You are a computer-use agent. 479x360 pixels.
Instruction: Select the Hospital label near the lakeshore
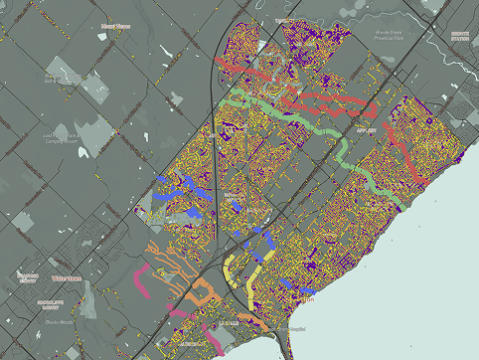(x=295, y=327)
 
